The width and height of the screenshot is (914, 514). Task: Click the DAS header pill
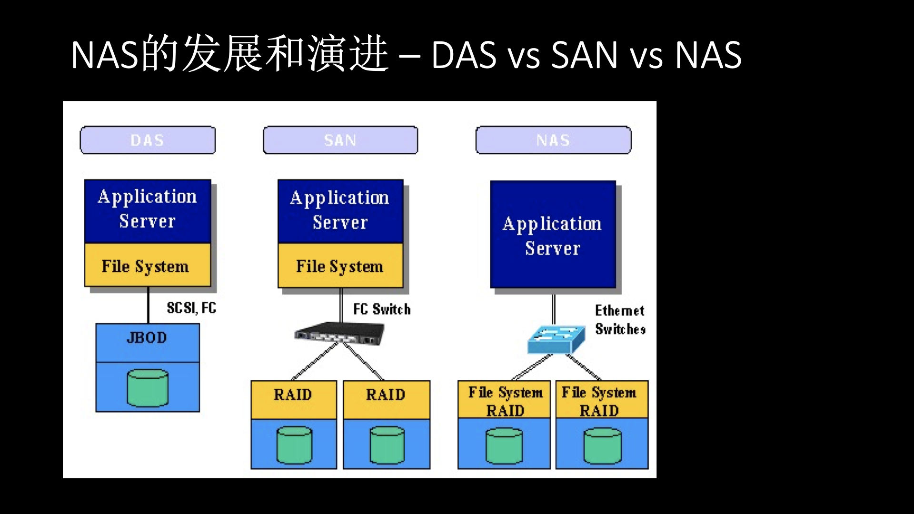(148, 140)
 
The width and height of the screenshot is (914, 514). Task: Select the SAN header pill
(340, 140)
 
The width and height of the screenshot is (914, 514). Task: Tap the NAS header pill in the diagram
(553, 140)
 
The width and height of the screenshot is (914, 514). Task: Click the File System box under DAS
(148, 266)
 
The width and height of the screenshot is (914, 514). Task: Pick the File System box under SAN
(340, 266)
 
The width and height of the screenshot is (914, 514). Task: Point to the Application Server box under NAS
(553, 235)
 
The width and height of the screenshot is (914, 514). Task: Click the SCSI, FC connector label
(191, 308)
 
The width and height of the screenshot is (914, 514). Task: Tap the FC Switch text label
(382, 309)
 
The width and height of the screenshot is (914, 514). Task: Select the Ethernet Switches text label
(620, 320)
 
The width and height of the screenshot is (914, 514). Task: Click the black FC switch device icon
(339, 333)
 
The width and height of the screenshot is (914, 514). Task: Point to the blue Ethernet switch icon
(556, 339)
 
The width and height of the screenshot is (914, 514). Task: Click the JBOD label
(147, 338)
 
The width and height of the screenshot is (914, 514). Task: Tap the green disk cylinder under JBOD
(148, 388)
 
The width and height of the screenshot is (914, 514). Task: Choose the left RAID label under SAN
(293, 395)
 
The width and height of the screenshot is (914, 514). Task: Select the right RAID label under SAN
(386, 395)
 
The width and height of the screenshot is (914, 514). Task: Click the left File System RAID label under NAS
(505, 401)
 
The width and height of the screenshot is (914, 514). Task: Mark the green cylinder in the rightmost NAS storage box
(602, 446)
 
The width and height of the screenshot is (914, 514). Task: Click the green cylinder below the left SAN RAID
(294, 445)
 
